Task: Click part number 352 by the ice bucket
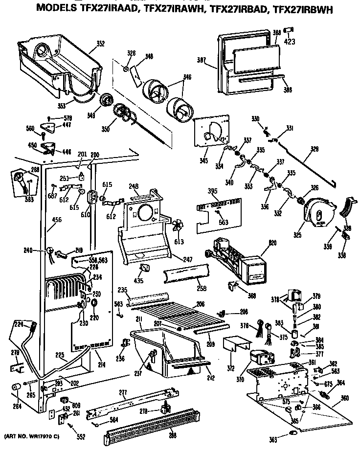click(x=100, y=44)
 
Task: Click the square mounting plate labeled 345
click(x=211, y=132)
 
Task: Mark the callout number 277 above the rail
click(x=123, y=392)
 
